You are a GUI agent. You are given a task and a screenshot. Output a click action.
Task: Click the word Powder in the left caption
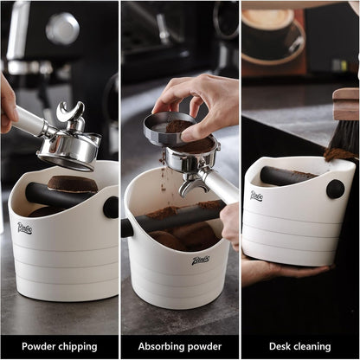pos(38,346)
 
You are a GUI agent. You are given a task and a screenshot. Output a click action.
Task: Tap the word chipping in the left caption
pos(78,346)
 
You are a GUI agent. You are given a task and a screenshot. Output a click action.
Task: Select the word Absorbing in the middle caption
pos(160,346)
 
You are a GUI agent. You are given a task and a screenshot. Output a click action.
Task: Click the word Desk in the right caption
pos(280,346)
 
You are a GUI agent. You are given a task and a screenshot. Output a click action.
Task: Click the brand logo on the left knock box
pos(24,228)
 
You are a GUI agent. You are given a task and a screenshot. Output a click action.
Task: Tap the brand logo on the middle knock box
pos(201,260)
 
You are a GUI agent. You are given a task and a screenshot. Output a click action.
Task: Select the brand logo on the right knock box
pos(256,196)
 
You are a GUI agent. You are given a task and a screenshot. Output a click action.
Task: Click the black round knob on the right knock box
pos(335,189)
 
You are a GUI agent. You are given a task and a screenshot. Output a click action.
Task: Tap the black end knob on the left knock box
pos(112,207)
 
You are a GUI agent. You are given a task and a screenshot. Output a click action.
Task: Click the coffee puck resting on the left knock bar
pos(73,183)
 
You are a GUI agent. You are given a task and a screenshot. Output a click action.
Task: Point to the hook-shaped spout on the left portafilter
pos(70,111)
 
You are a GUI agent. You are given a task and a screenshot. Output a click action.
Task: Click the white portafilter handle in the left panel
pos(28,120)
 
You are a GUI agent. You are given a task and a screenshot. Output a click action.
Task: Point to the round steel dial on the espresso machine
pos(62,29)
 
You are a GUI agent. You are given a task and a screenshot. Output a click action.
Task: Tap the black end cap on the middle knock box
pos(127,228)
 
